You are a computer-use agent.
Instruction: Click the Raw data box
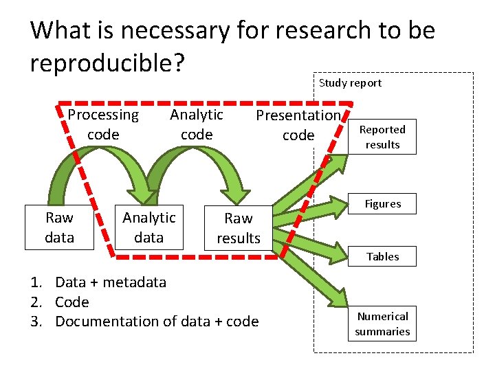[59, 227]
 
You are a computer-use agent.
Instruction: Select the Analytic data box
[149, 227]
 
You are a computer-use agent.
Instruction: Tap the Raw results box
[239, 228]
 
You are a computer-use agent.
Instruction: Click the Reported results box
[382, 137]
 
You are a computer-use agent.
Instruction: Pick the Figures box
[382, 204]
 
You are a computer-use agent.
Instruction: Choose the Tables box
[382, 256]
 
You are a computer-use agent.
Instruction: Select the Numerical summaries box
[382, 324]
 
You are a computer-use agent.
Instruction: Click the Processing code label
[103, 124]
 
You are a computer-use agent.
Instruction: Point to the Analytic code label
[197, 124]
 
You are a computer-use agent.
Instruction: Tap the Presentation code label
[298, 125]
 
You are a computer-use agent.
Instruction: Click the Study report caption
[350, 83]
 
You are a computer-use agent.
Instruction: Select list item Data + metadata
[110, 282]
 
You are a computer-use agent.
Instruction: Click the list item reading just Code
[71, 302]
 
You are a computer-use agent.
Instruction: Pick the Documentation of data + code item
[157, 321]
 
